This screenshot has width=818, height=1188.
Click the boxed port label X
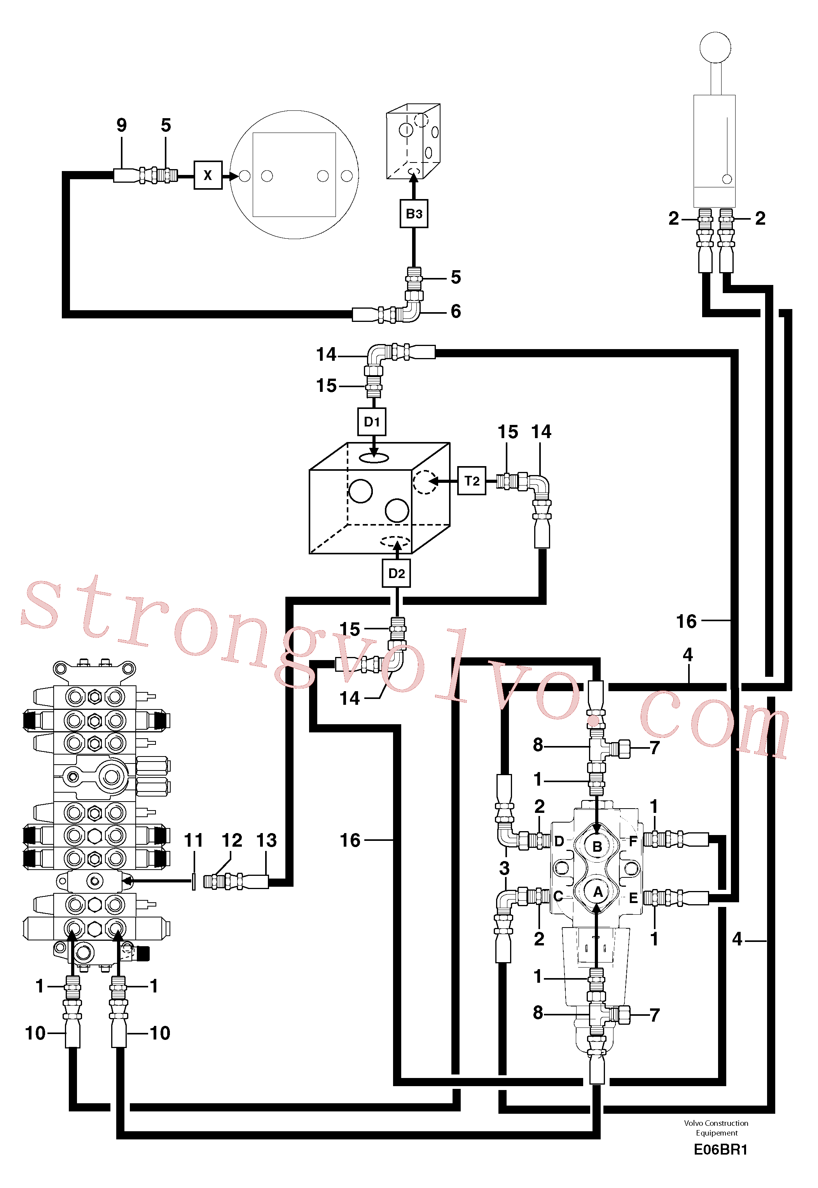pyautogui.click(x=208, y=175)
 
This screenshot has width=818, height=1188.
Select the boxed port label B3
pyautogui.click(x=414, y=214)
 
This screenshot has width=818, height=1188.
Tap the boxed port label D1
pyautogui.click(x=372, y=422)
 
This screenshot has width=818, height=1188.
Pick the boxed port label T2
pyautogui.click(x=472, y=481)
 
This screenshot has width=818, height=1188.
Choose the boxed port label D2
pyautogui.click(x=397, y=573)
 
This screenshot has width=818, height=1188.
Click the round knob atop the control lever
pyautogui.click(x=715, y=48)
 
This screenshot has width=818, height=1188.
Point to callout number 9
pyautogui.click(x=121, y=125)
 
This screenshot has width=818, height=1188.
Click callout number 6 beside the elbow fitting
pyautogui.click(x=456, y=311)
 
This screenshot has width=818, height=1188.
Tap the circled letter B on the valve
pyautogui.click(x=597, y=846)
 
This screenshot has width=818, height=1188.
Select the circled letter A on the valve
pyautogui.click(x=597, y=892)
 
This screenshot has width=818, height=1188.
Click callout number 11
pyautogui.click(x=194, y=840)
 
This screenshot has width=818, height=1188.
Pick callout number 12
pyautogui.click(x=232, y=840)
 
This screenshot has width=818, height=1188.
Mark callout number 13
pyautogui.click(x=267, y=840)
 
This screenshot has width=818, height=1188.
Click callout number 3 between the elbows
pyautogui.click(x=504, y=868)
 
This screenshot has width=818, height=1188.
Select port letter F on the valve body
pyautogui.click(x=633, y=840)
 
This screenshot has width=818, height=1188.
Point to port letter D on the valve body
pyautogui.click(x=559, y=841)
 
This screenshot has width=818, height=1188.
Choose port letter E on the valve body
pyautogui.click(x=633, y=898)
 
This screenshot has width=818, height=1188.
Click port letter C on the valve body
pyautogui.click(x=559, y=896)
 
